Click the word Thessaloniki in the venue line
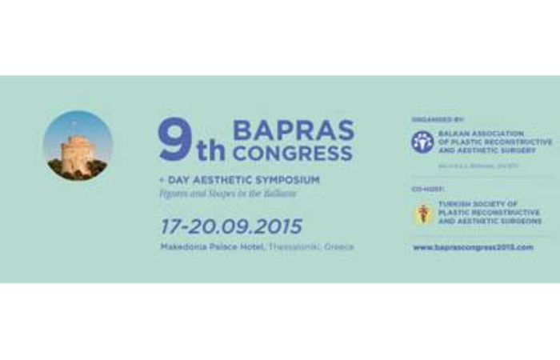click(290, 246)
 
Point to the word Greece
click(338, 246)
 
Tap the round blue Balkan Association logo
click(422, 142)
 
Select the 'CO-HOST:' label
click(426, 190)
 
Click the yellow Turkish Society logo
click(422, 214)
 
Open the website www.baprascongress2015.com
click(473, 247)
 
